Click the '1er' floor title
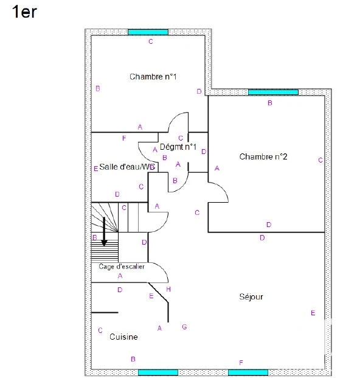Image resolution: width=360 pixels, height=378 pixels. pyautogui.click(x=24, y=12)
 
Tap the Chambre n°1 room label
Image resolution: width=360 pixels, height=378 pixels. pyautogui.click(x=153, y=77)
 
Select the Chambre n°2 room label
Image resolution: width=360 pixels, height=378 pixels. pyautogui.click(x=263, y=156)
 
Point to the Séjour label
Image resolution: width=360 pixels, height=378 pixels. pyautogui.click(x=251, y=297)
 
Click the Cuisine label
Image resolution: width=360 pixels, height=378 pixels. pyautogui.click(x=123, y=337)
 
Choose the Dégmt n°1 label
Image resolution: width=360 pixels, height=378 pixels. pyautogui.click(x=178, y=147)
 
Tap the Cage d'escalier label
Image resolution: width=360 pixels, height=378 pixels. pyautogui.click(x=122, y=267)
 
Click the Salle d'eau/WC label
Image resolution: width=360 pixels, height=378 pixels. pyautogui.click(x=127, y=167)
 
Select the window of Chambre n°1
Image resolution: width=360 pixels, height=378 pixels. pyautogui.click(x=148, y=32)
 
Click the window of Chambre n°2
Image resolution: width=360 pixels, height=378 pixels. pyautogui.click(x=273, y=92)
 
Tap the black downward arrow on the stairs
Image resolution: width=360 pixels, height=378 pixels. pyautogui.click(x=104, y=231)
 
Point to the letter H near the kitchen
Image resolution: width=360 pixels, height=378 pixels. pyautogui.click(x=168, y=289)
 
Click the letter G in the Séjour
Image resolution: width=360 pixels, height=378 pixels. pyautogui.click(x=184, y=327)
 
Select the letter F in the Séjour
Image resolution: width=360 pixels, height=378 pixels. pyautogui.click(x=241, y=363)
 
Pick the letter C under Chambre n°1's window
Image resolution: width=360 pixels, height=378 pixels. pyautogui.click(x=151, y=41)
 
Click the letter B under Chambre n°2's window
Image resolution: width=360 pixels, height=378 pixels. pyautogui.click(x=270, y=103)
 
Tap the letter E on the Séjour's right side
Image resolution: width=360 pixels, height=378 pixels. pyautogui.click(x=313, y=313)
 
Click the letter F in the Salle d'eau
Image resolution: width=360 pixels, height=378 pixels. pyautogui.click(x=124, y=138)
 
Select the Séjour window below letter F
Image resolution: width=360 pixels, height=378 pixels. pyautogui.click(x=248, y=373)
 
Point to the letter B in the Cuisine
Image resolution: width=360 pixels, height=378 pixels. pyautogui.click(x=133, y=359)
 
